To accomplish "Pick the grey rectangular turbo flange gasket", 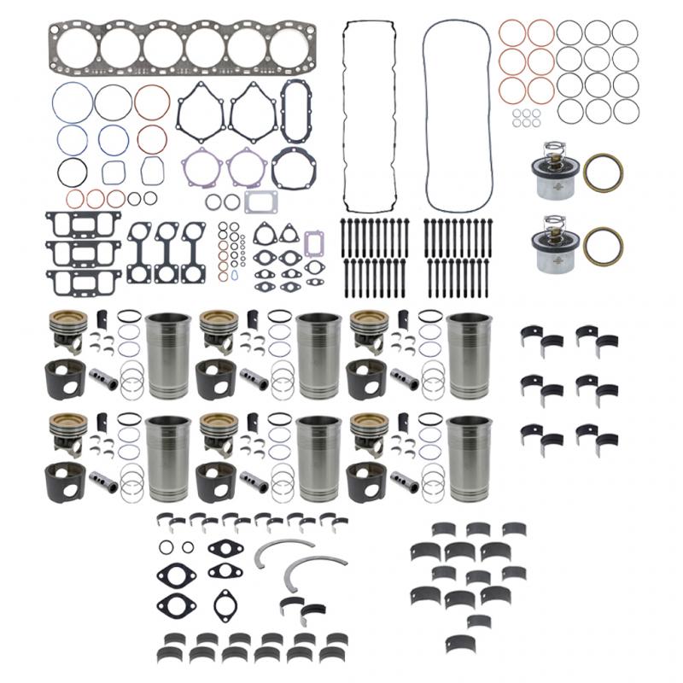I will (x=260, y=201).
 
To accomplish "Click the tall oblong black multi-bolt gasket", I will (x=296, y=110).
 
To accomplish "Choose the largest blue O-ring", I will (x=72, y=102).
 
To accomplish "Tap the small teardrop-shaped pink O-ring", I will (x=224, y=276).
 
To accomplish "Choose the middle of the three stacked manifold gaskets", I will (x=84, y=253).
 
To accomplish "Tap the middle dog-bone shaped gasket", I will (x=166, y=253).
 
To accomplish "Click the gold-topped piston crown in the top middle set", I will (x=218, y=321).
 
